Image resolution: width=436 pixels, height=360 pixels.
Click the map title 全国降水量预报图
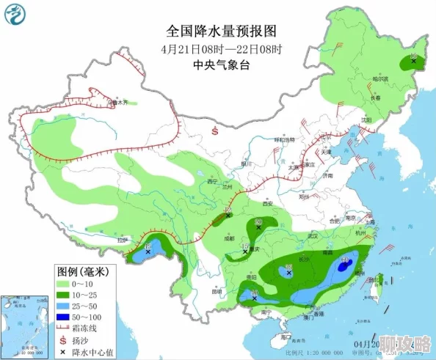221,32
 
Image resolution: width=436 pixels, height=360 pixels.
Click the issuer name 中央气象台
221,65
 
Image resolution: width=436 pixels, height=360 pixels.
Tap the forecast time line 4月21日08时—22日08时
221,49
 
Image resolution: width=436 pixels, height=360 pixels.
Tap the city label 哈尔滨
379,78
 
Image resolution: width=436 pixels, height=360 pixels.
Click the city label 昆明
217,291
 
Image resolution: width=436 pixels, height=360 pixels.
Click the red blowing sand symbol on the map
214,131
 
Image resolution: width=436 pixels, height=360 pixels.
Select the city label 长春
375,98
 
